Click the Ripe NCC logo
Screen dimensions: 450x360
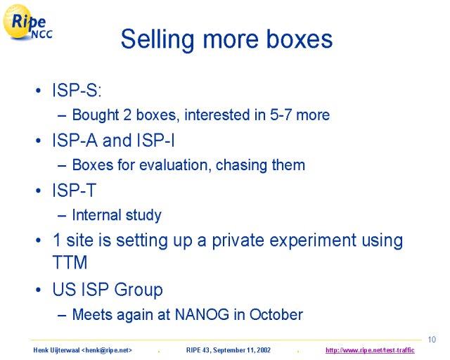coord(28,22)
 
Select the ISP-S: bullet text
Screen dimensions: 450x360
coord(77,90)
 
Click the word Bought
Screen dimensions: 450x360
coord(96,115)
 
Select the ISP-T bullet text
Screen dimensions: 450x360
coord(74,190)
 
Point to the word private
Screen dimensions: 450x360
coord(238,240)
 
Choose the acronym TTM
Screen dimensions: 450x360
coord(70,262)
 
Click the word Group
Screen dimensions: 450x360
coord(139,290)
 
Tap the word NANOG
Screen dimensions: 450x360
coord(202,314)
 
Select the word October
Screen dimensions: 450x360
coord(276,314)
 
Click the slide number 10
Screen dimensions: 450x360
coord(432,340)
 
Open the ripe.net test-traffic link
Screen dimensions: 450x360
coord(370,350)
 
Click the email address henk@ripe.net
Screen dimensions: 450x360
coord(107,350)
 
